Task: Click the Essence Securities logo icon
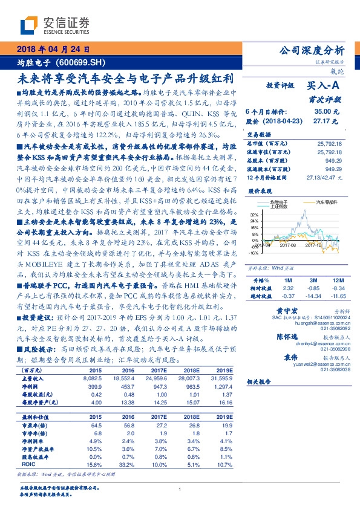[x=28, y=25]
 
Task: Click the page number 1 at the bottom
[x=180, y=490]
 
